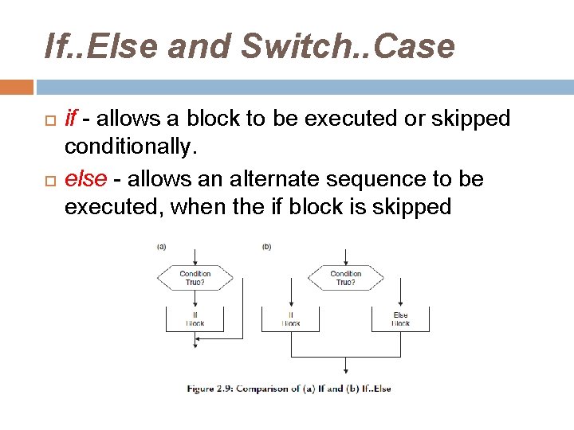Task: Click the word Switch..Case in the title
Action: (x=348, y=47)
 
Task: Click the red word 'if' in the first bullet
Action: (x=71, y=119)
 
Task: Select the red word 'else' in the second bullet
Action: (x=85, y=179)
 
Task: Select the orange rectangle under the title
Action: (x=17, y=86)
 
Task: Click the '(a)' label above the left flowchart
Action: (x=161, y=247)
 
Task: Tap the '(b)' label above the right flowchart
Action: (x=266, y=247)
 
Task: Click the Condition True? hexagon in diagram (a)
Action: (x=195, y=278)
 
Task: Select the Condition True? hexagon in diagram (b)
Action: (x=345, y=278)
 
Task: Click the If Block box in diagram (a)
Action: (x=195, y=319)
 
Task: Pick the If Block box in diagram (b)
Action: (x=291, y=319)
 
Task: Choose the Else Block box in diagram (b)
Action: (x=400, y=319)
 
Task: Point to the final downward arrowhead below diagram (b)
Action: (x=345, y=370)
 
